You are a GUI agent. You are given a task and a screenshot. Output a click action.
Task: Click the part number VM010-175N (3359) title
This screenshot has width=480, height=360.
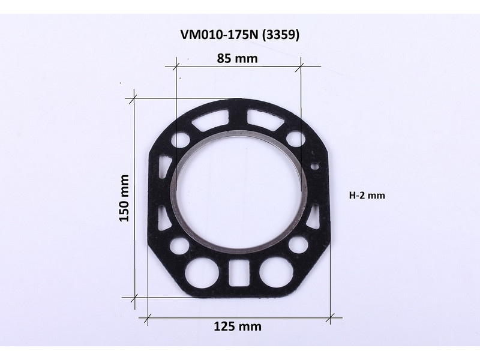pyautogui.click(x=239, y=35)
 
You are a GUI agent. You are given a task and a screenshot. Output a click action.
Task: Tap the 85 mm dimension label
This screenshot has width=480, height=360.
pyautogui.click(x=237, y=58)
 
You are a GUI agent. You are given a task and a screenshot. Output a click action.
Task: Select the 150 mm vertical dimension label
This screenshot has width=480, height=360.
pyautogui.click(x=124, y=198)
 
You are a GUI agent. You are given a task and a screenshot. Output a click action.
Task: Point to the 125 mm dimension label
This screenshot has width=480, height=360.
pyautogui.click(x=238, y=326)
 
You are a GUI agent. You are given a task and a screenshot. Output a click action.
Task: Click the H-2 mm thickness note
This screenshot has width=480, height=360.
pyautogui.click(x=367, y=195)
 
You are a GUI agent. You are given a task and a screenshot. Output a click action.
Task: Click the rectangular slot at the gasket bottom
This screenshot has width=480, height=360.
pyautogui.click(x=238, y=274)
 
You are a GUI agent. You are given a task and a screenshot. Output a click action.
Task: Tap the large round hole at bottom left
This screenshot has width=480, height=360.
pyautogui.click(x=202, y=273)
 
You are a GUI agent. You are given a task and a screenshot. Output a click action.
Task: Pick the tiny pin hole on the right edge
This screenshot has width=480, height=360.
pyautogui.click(x=314, y=167)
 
